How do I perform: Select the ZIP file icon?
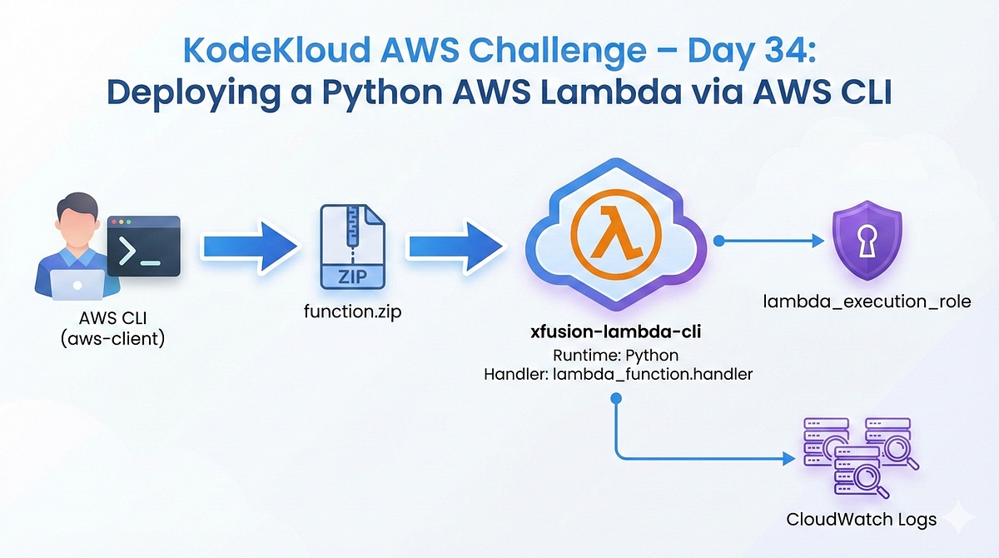(353, 247)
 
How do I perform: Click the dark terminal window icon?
(144, 246)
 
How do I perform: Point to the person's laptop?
(76, 284)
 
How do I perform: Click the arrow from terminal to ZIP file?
(250, 247)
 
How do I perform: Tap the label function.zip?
(353, 312)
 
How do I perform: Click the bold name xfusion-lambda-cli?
(617, 332)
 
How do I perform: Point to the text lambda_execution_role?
(867, 301)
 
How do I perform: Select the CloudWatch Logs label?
(861, 519)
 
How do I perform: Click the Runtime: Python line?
(617, 355)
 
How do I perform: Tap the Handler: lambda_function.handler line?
(617, 375)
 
